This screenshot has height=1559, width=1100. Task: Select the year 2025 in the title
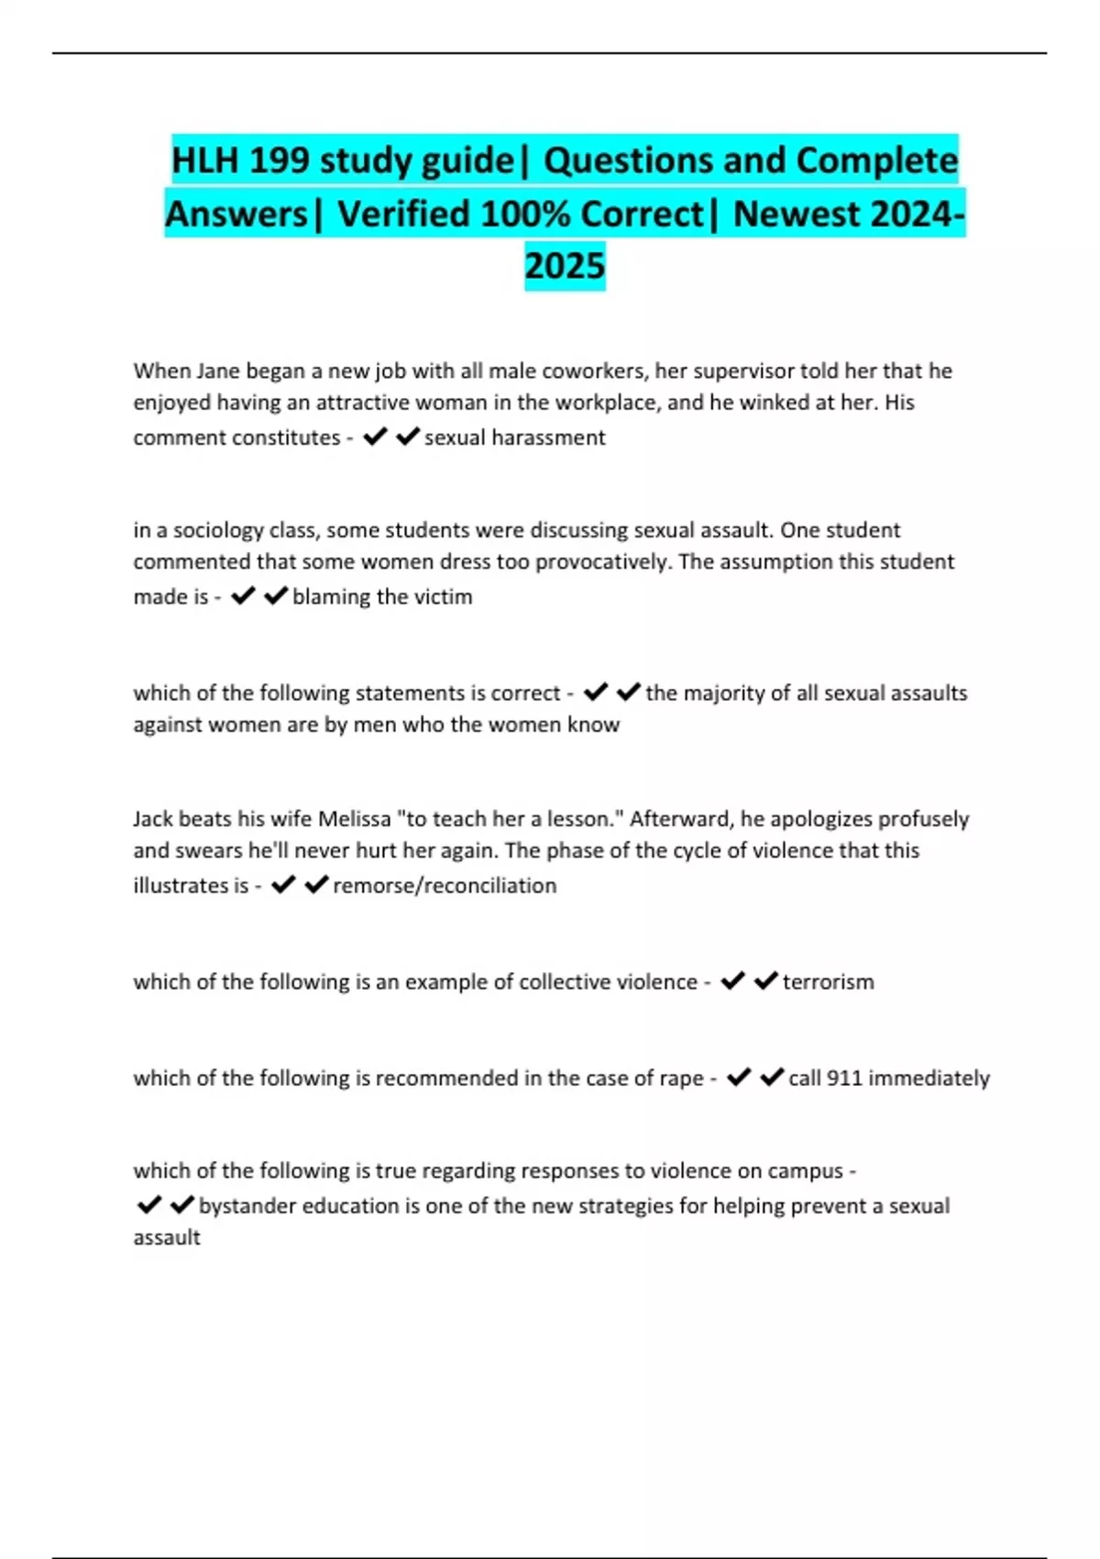click(565, 266)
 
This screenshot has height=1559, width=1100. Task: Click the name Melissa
click(354, 819)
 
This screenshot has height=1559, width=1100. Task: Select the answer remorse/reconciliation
click(445, 886)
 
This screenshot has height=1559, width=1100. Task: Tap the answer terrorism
click(828, 982)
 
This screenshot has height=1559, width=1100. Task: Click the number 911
click(844, 1078)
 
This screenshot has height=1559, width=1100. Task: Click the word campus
click(805, 1171)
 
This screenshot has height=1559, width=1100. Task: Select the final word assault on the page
click(167, 1238)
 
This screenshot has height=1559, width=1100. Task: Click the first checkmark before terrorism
click(732, 981)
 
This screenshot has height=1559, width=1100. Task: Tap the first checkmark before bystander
click(148, 1205)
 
